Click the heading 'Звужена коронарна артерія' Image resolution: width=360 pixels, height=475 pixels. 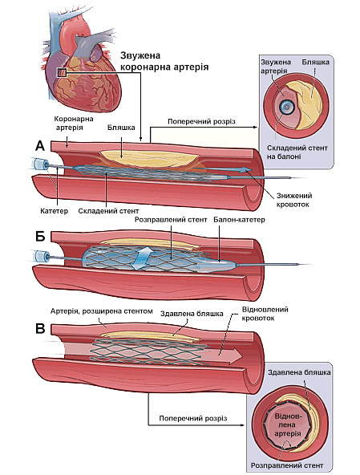click(164, 62)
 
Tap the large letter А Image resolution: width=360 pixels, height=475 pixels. click(40, 145)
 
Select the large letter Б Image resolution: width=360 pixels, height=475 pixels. click(40, 238)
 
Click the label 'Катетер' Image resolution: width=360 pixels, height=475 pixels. click(49, 211)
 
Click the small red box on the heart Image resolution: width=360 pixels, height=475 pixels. click(62, 73)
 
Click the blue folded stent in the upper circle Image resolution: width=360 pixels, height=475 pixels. click(285, 107)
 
